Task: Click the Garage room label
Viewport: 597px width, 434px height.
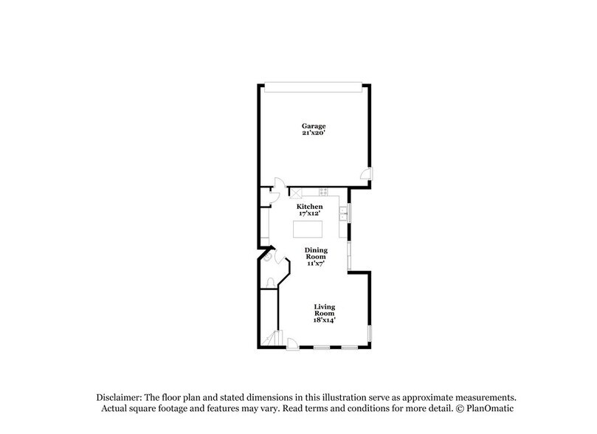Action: pos(312,125)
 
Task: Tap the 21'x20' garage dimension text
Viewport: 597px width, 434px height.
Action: pos(312,134)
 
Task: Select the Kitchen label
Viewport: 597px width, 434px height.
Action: pos(309,207)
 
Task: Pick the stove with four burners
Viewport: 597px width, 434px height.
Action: pos(322,191)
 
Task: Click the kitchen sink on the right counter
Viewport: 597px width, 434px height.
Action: pos(344,213)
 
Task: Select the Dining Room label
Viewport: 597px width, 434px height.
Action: pos(316,253)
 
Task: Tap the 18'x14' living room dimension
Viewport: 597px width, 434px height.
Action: pos(325,321)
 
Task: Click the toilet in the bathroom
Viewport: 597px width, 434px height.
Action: pos(270,282)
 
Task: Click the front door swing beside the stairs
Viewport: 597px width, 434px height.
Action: pos(293,342)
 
